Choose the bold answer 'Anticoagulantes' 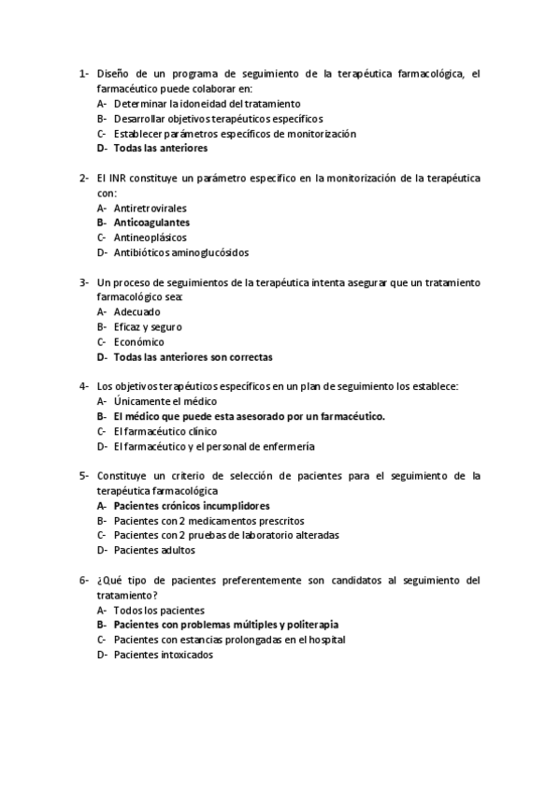(151, 223)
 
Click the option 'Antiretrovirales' (150, 208)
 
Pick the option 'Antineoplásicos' (150, 238)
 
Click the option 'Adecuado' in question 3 (136, 311)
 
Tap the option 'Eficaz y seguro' (148, 326)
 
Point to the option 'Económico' (138, 341)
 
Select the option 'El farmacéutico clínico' (165, 431)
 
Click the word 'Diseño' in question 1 (114, 74)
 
